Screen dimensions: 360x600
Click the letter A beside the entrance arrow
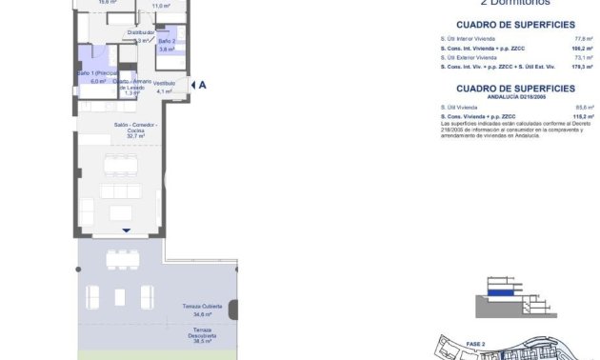point(203,84)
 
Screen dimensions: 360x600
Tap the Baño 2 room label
point(167,42)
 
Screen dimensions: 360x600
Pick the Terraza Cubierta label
point(202,306)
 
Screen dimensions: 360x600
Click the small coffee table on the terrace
point(119,296)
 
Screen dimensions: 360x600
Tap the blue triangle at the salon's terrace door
point(126,230)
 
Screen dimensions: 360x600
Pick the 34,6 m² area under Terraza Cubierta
point(202,313)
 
